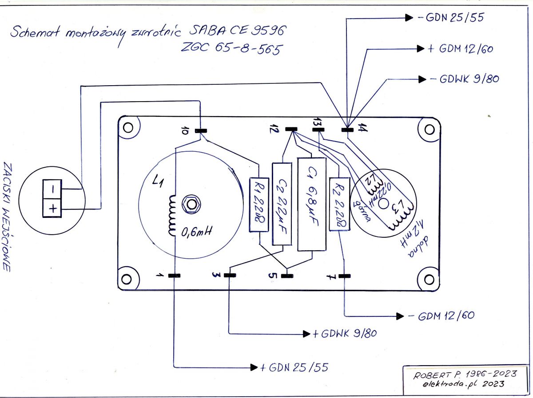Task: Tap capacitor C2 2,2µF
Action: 282,204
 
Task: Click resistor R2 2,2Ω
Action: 338,203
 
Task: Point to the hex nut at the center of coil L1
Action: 192,205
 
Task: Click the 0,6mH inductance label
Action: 196,232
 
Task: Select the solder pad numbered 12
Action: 291,130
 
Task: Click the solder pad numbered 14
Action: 347,130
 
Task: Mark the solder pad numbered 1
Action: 175,276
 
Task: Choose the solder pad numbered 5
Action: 287,276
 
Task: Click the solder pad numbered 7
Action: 344,276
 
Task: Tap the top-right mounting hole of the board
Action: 429,130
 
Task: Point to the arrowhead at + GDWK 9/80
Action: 306,333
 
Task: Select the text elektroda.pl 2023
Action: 464,384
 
